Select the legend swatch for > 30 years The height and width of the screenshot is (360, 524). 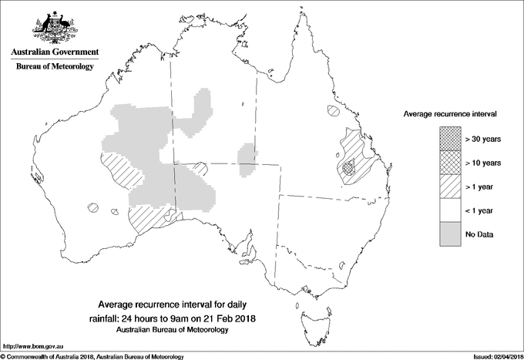point(451,139)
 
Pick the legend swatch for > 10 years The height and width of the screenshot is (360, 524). point(451,163)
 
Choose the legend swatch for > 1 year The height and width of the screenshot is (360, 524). point(451,187)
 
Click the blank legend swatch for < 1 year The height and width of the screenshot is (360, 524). point(451,210)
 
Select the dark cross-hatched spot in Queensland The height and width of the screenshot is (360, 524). point(348,167)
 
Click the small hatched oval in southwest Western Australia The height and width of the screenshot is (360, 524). point(94,207)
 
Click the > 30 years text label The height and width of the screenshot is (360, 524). point(483,139)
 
